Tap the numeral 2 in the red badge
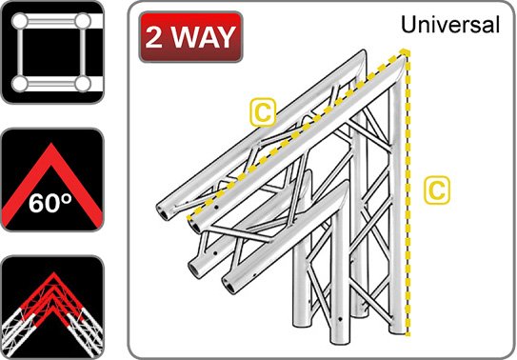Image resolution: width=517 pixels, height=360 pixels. (158, 37)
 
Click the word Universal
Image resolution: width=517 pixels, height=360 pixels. (450, 25)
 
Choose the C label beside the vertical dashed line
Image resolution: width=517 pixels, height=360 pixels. (435, 189)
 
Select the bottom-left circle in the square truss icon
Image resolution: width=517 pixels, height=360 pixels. (20, 85)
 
